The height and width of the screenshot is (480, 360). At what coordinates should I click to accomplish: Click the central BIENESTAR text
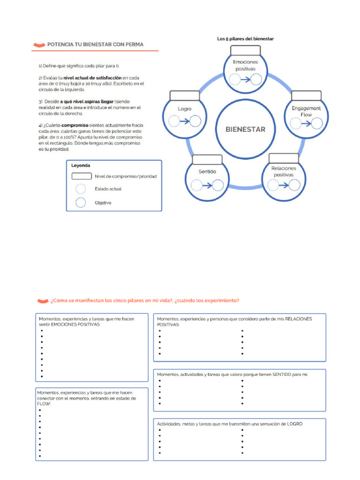[x=245, y=129]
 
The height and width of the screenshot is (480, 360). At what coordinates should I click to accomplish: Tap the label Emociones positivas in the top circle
[x=245, y=65]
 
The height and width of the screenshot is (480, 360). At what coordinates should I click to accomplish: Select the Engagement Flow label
[x=306, y=111]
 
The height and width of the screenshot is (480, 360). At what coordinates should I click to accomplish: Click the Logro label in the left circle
[x=185, y=109]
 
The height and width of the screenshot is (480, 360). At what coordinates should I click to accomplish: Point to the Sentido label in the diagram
[x=207, y=172]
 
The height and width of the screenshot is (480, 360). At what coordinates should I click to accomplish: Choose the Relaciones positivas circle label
[x=284, y=171]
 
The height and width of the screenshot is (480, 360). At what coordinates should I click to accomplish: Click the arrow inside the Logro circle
[x=184, y=122]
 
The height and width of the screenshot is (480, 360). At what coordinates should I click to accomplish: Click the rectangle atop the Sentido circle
[x=207, y=159]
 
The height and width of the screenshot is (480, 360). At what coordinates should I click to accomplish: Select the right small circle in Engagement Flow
[x=317, y=123]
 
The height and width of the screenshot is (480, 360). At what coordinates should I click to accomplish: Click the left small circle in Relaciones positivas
[x=272, y=185]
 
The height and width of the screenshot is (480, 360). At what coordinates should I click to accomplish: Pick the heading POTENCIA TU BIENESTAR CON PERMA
[x=95, y=45]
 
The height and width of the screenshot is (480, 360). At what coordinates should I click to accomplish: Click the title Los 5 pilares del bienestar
[x=245, y=39]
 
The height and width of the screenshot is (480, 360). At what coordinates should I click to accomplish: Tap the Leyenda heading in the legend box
[x=81, y=165]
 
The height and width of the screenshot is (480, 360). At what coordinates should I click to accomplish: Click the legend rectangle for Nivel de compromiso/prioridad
[x=81, y=176]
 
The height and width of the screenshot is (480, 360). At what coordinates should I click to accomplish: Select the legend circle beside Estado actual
[x=81, y=189]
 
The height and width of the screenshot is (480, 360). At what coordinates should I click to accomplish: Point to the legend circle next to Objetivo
[x=81, y=202]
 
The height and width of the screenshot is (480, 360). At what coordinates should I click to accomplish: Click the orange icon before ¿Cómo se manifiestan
[x=43, y=300]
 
